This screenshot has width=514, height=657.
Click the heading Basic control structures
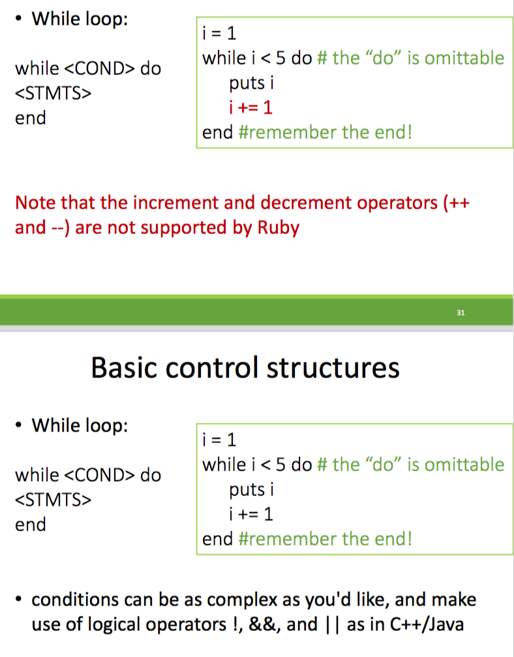(245, 368)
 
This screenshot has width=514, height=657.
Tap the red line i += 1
(250, 108)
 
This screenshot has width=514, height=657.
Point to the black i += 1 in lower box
(250, 514)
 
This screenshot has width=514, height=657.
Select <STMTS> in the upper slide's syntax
(53, 93)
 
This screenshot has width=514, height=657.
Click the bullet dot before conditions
(21, 599)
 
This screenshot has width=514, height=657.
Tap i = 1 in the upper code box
(220, 33)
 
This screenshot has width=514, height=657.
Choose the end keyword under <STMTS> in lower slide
(31, 524)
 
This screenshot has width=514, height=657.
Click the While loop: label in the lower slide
(80, 426)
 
